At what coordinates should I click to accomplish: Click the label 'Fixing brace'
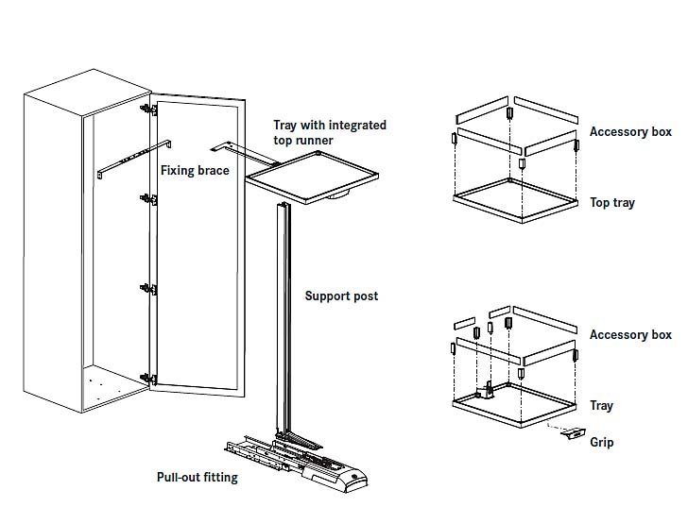(194, 171)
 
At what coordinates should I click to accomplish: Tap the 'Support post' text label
(341, 296)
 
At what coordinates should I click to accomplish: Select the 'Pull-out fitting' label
(197, 477)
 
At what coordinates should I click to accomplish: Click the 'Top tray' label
(612, 203)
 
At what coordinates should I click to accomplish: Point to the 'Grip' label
(602, 442)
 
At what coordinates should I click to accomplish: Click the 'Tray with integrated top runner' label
(329, 132)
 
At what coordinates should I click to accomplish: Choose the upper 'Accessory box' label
(630, 132)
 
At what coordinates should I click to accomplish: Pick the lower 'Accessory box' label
(630, 335)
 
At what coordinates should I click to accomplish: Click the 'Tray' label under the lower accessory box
(601, 406)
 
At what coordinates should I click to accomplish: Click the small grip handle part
(573, 433)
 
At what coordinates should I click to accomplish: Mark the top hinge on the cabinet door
(147, 110)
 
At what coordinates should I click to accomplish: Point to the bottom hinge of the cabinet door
(147, 377)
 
